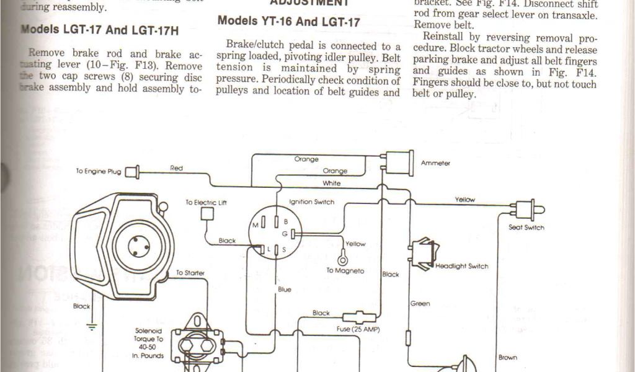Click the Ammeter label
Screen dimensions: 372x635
(435, 164)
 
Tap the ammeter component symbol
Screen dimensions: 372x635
(398, 163)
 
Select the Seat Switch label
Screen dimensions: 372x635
(526, 228)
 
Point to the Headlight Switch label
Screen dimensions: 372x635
(461, 267)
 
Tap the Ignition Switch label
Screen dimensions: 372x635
(311, 202)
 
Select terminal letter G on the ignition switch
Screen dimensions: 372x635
(285, 233)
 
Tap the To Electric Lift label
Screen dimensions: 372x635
(206, 202)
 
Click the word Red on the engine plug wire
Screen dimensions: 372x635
(176, 168)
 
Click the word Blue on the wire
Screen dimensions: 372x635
(284, 290)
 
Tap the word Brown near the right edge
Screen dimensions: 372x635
(507, 358)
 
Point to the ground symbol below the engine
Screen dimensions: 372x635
(92, 327)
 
